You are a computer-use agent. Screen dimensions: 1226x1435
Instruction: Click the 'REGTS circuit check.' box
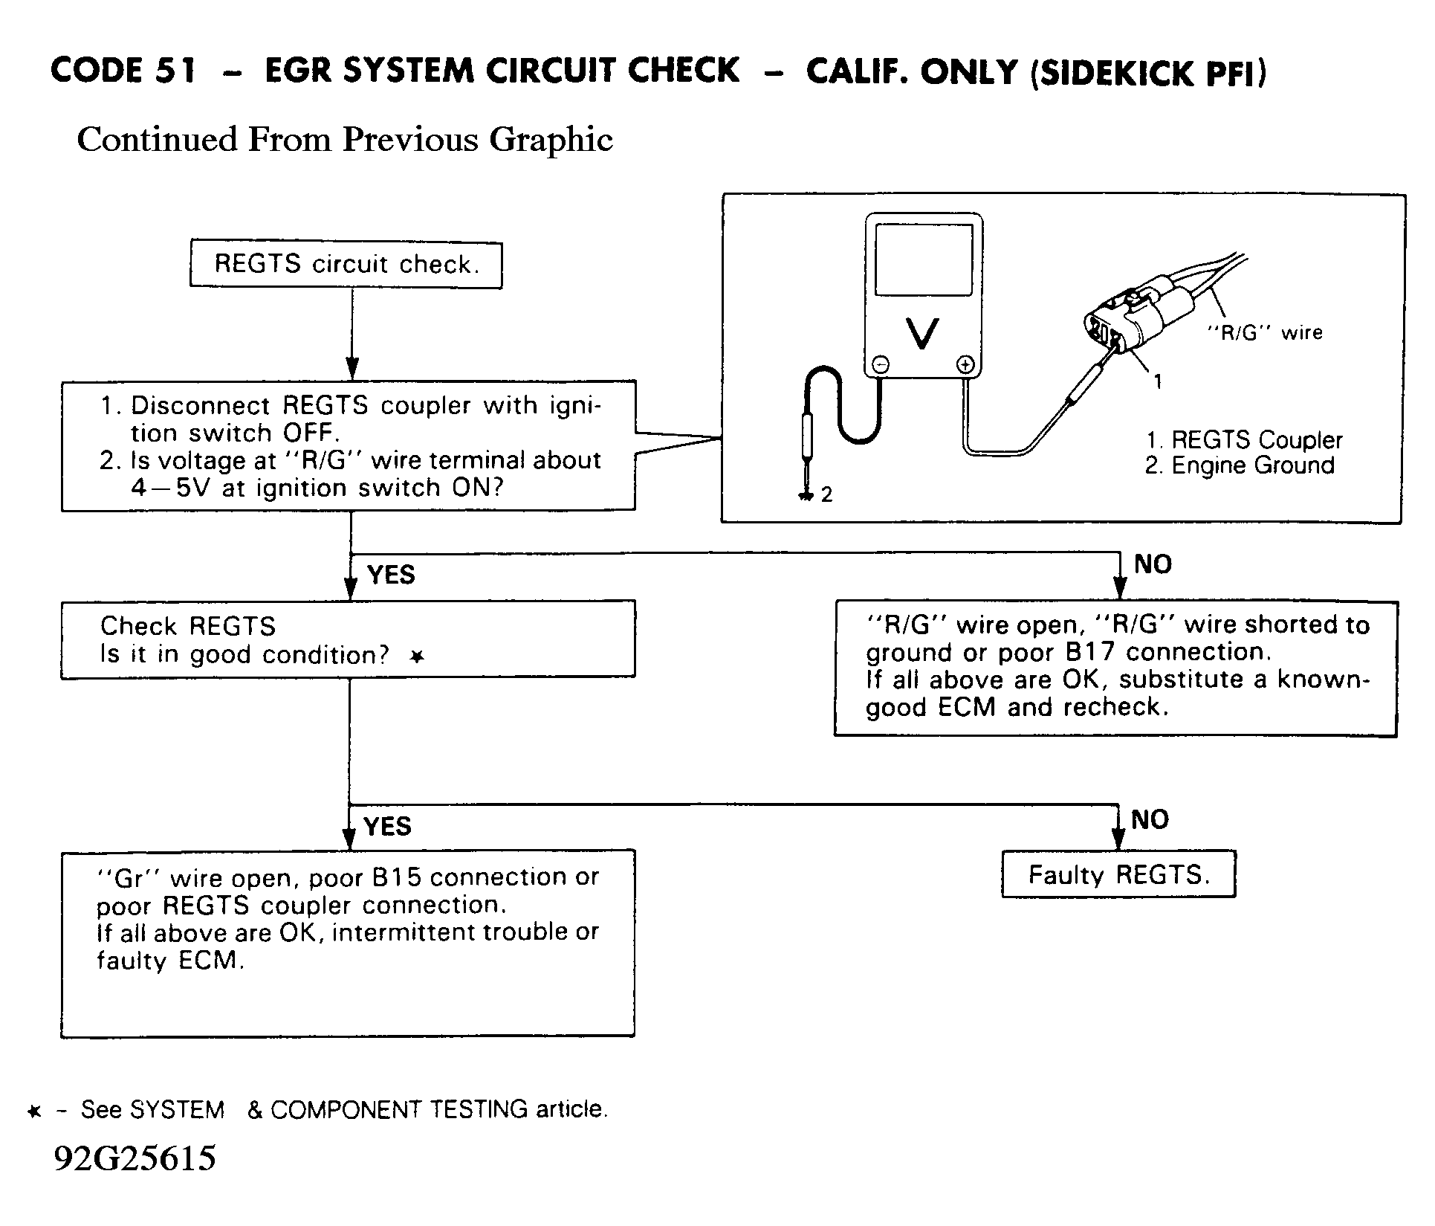click(x=346, y=265)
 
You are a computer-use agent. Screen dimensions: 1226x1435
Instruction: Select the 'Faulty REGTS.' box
click(x=1118, y=875)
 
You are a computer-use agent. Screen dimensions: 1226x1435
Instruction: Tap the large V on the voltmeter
click(x=923, y=333)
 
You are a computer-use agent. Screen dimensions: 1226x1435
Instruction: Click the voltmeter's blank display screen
click(x=924, y=260)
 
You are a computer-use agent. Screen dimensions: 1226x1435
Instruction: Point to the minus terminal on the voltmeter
click(x=880, y=364)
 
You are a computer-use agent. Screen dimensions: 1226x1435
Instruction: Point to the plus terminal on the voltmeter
click(x=965, y=364)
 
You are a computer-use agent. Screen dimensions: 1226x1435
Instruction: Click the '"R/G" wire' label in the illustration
click(x=1264, y=332)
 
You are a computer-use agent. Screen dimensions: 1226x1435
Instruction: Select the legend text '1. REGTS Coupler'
click(x=1244, y=440)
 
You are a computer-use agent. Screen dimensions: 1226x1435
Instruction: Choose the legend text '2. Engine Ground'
click(x=1240, y=466)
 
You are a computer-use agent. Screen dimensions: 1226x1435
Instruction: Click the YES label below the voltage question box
click(x=391, y=575)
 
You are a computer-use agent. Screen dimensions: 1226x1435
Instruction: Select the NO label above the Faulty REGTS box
click(x=1150, y=820)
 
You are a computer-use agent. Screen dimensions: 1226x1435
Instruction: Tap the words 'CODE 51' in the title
click(x=124, y=71)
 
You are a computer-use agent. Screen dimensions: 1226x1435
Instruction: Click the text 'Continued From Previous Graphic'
click(x=345, y=140)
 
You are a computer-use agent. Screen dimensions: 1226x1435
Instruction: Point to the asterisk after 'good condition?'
click(x=418, y=656)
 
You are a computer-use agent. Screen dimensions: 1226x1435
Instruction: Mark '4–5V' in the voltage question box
click(x=172, y=488)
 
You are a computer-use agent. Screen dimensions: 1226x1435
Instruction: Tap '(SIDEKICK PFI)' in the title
click(x=1147, y=73)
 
